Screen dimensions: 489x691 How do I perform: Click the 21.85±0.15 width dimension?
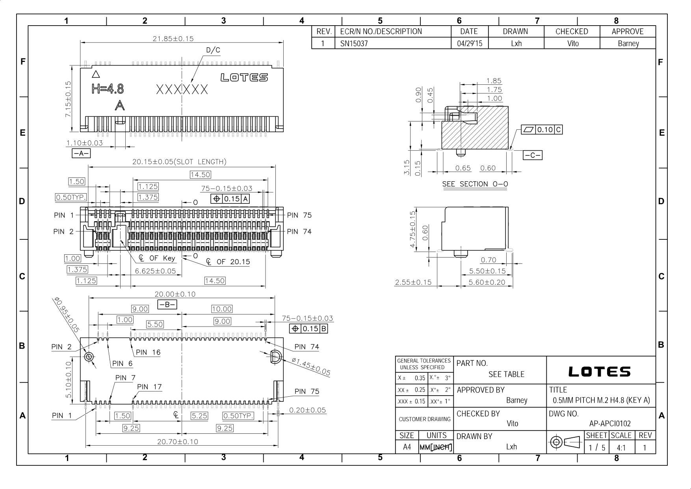173,39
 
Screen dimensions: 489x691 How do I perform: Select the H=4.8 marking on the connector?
108,89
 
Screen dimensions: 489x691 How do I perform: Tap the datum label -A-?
81,153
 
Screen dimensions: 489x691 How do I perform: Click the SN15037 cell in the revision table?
354,43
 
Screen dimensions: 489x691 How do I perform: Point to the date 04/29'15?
469,43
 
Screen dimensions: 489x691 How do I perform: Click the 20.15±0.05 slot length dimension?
179,162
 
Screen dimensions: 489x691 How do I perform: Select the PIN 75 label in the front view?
299,215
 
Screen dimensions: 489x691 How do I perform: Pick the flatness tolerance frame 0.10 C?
541,130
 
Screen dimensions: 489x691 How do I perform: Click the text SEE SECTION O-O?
475,184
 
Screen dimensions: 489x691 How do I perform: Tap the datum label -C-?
532,155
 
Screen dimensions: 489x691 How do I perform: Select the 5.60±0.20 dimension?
487,282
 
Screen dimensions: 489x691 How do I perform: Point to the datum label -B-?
167,304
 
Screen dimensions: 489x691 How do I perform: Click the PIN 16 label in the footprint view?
148,353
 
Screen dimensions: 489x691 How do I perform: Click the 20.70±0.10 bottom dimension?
177,442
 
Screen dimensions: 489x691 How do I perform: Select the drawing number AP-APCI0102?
610,424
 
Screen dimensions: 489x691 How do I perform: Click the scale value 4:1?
621,448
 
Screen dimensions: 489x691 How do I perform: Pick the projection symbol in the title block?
565,442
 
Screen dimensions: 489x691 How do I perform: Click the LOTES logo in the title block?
599,371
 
